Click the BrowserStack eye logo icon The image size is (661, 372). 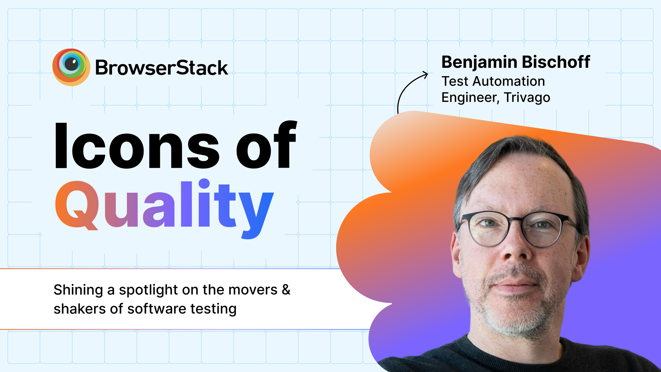[x=71, y=67]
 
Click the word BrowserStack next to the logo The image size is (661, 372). [x=161, y=68]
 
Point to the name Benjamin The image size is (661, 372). [x=479, y=62]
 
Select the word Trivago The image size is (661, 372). [x=527, y=98]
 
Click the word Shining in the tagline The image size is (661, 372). [x=78, y=290]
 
